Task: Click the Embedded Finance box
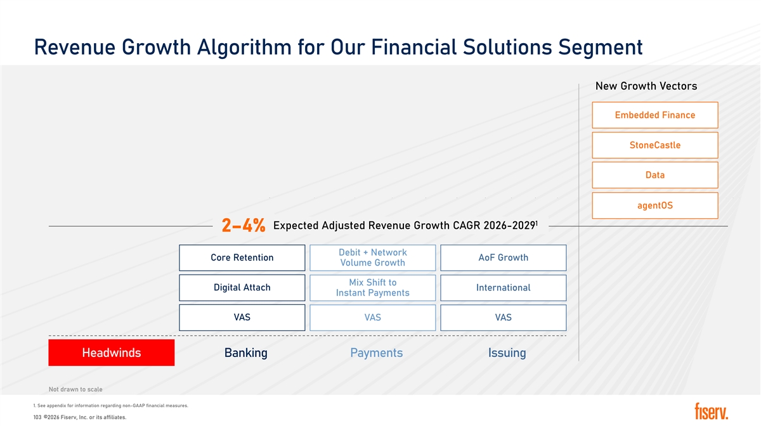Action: click(x=655, y=115)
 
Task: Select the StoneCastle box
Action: click(x=655, y=145)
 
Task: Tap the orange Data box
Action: click(x=655, y=175)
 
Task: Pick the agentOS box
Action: click(x=655, y=205)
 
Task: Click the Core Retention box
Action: click(x=242, y=258)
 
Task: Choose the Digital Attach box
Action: click(x=242, y=288)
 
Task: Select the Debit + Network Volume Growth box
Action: click(x=373, y=258)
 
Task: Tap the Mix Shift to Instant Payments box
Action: click(x=373, y=288)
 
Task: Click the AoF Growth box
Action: click(x=504, y=258)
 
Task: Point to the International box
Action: click(x=504, y=288)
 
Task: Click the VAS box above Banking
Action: click(x=242, y=318)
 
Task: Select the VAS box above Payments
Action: click(x=373, y=318)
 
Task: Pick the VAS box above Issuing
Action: click(x=504, y=318)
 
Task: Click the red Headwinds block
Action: click(x=112, y=353)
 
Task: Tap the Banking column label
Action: click(x=246, y=353)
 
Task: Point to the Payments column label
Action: click(x=377, y=353)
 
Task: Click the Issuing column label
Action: click(x=507, y=353)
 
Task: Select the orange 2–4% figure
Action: click(x=244, y=226)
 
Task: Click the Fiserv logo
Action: click(x=712, y=412)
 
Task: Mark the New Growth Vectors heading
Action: click(x=646, y=86)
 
